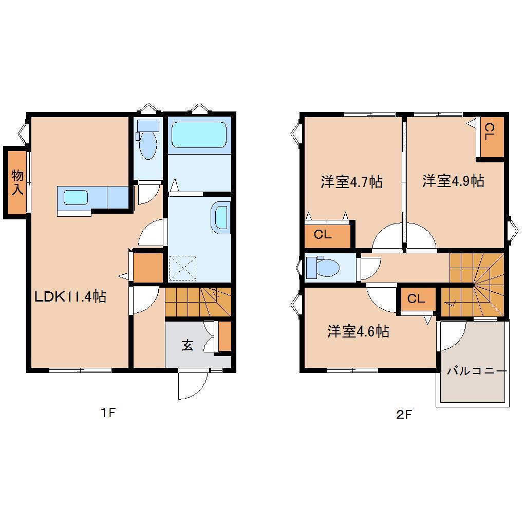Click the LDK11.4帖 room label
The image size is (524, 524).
[x=70, y=296]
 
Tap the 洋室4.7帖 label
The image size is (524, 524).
[x=351, y=182]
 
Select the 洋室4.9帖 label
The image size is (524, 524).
[x=453, y=181]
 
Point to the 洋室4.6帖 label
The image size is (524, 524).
[x=358, y=331]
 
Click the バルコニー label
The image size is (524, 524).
[x=476, y=371]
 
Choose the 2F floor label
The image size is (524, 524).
[x=404, y=415]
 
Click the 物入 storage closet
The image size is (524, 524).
[x=17, y=182]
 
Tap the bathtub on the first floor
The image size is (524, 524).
[x=198, y=135]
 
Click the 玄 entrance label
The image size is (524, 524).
[x=187, y=346]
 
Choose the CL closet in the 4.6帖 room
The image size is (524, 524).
[x=417, y=299]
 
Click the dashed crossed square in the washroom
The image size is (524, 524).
[x=183, y=268]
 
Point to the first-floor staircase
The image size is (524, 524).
[x=198, y=302]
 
